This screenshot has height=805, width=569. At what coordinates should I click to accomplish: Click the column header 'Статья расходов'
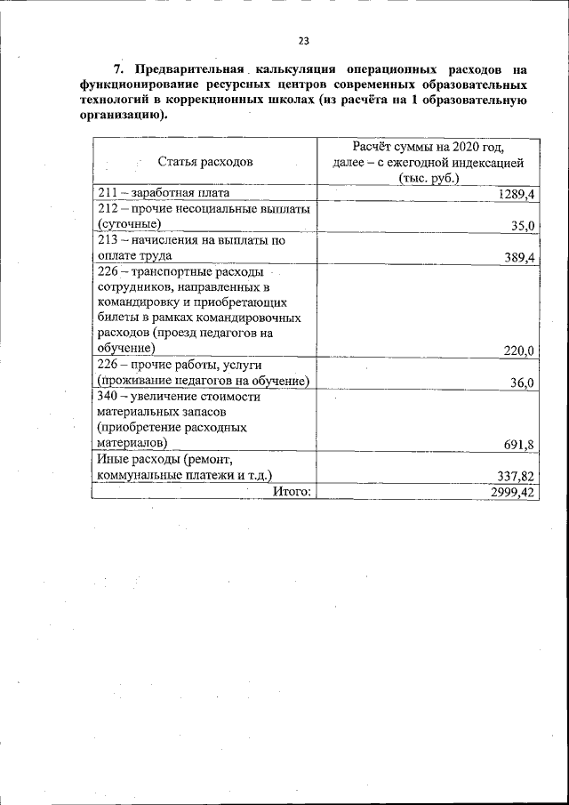coord(205,161)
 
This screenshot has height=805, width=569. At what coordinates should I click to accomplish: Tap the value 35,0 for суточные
coord(522,226)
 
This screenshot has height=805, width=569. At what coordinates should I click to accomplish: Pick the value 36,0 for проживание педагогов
coord(522,382)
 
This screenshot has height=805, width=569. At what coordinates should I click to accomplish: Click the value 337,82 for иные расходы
coord(515,476)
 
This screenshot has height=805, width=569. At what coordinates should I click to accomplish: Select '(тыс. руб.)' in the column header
coord(429,177)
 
